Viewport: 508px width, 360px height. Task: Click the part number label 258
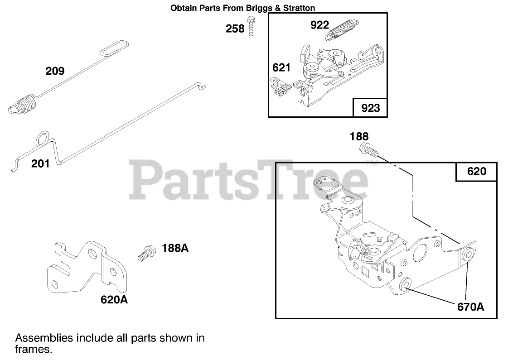click(235, 29)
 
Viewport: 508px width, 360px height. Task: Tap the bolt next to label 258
click(251, 26)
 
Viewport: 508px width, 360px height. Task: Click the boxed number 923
click(370, 108)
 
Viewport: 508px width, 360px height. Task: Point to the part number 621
click(281, 68)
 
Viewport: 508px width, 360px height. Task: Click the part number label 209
click(55, 71)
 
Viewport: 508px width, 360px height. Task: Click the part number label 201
click(40, 163)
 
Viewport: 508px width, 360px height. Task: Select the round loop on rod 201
click(42, 138)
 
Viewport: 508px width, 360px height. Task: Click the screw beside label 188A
click(145, 252)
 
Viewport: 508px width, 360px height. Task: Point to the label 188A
click(175, 249)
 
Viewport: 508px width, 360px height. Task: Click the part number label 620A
click(114, 299)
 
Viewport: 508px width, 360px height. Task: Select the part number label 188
click(359, 136)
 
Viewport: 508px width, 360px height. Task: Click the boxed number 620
click(476, 171)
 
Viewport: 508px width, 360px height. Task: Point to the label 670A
click(470, 307)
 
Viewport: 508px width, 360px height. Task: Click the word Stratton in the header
click(297, 8)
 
